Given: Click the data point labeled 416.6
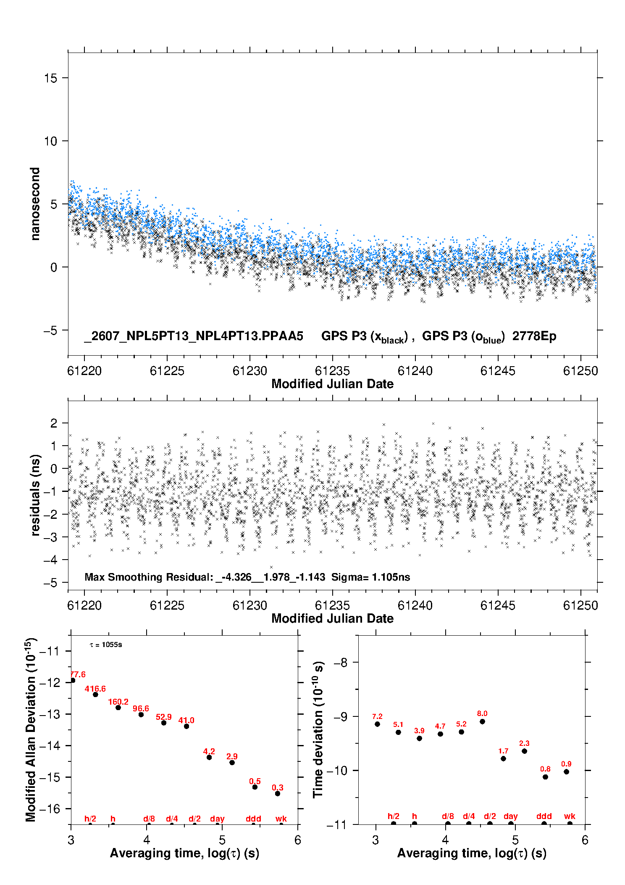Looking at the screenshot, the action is pyautogui.click(x=95, y=694).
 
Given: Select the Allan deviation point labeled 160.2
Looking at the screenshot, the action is pyautogui.click(x=118, y=708).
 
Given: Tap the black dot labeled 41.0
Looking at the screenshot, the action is pyautogui.click(x=186, y=726).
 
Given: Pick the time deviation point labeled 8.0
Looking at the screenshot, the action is pyautogui.click(x=482, y=721).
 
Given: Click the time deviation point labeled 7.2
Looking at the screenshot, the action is pyautogui.click(x=377, y=724).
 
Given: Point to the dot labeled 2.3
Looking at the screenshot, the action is pyautogui.click(x=524, y=751).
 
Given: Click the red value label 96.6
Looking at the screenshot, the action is pyautogui.click(x=141, y=708).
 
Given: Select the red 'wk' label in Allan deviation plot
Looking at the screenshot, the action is pyautogui.click(x=281, y=819).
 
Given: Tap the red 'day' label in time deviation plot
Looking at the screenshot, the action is pyautogui.click(x=511, y=816).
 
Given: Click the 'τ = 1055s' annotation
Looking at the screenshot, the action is pyautogui.click(x=106, y=645).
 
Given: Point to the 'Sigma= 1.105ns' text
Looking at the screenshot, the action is pyautogui.click(x=370, y=577).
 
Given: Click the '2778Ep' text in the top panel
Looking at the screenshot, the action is pyautogui.click(x=534, y=336).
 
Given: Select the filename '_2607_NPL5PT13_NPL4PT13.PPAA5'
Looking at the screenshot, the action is pyautogui.click(x=194, y=336).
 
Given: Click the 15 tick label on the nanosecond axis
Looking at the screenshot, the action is pyautogui.click(x=51, y=78).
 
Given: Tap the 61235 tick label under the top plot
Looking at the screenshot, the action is pyautogui.click(x=332, y=371).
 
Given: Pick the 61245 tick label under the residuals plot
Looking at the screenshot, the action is pyautogui.click(x=498, y=605).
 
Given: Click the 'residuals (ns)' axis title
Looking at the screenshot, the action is pyautogui.click(x=35, y=495).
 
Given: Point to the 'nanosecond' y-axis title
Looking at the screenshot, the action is pyautogui.click(x=35, y=204).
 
